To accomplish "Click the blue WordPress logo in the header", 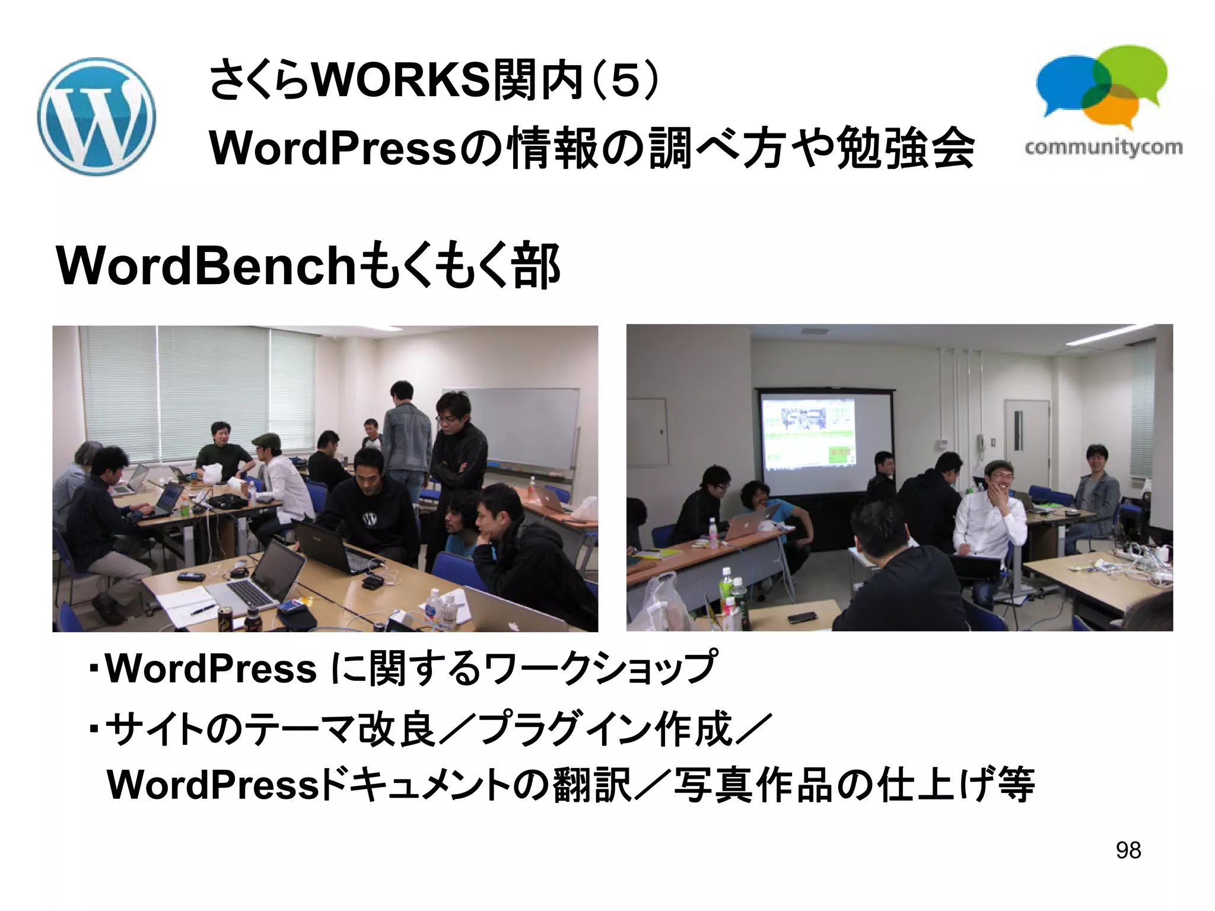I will [x=96, y=116].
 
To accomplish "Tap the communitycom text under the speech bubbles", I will [x=1103, y=147].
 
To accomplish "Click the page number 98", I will [x=1128, y=850].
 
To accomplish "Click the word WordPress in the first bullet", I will [x=211, y=668].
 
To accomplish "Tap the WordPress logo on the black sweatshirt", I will [x=369, y=519].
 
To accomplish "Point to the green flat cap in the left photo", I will [x=265, y=439].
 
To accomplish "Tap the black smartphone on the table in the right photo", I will [x=802, y=617].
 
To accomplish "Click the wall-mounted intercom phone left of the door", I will [x=981, y=442].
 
